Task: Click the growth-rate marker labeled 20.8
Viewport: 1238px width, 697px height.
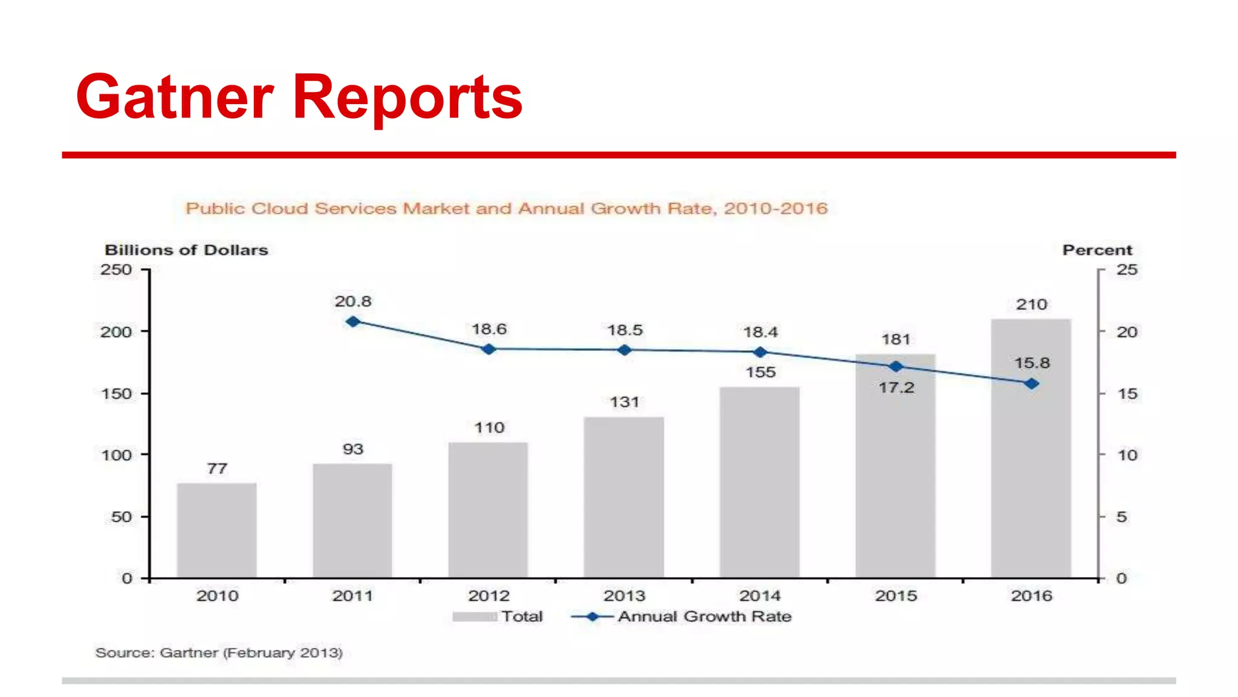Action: coord(353,322)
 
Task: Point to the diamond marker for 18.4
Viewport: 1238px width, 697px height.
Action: coord(760,352)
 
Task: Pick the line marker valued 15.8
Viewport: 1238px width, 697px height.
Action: coord(1031,384)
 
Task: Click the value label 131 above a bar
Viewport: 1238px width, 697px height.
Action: coord(624,402)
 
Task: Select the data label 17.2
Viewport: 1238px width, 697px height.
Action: coord(896,388)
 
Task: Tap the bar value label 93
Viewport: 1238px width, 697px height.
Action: coord(353,450)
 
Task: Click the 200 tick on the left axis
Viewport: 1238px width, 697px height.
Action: coord(116,332)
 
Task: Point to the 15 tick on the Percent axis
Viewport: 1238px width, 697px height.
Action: coord(1127,394)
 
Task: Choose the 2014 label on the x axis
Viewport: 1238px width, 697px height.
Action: coord(760,596)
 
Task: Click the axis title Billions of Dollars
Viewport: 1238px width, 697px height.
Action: coord(186,250)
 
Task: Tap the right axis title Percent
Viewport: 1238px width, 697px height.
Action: coord(1097,250)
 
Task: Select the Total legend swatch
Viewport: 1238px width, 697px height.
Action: coord(475,617)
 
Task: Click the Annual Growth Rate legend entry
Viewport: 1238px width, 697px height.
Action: coord(704,617)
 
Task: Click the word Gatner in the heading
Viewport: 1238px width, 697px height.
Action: coord(175,97)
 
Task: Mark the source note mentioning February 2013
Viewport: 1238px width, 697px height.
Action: coord(219,653)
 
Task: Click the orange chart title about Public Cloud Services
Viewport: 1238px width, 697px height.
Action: coord(506,209)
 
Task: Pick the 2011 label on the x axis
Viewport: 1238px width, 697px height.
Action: coord(352,596)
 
